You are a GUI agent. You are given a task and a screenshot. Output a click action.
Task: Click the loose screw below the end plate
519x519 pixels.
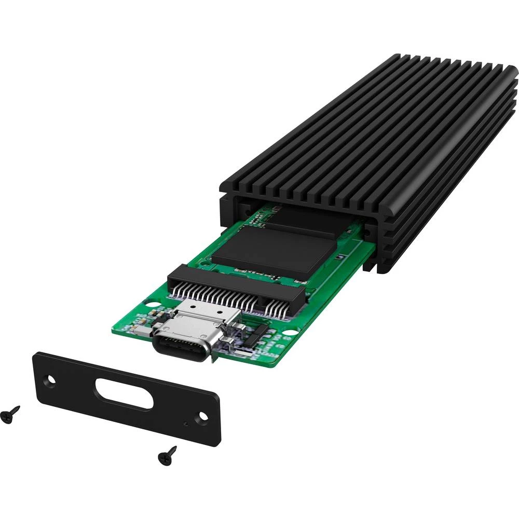coord(168,455)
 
